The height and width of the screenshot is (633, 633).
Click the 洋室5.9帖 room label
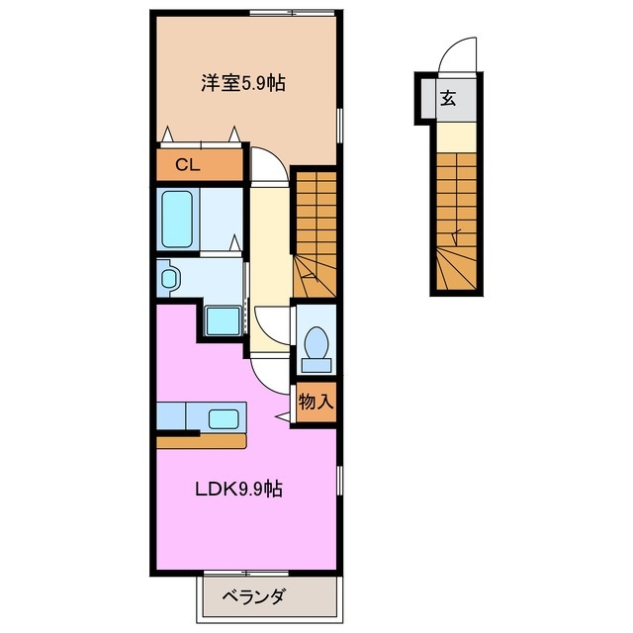(243, 84)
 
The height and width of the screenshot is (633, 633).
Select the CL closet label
(188, 165)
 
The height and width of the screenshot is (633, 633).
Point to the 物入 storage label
(316, 402)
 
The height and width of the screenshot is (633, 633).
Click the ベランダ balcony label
(253, 596)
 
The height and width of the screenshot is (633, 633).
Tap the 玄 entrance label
(448, 98)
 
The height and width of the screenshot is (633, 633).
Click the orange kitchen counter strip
(204, 441)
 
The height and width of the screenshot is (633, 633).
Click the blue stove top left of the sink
(177, 416)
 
